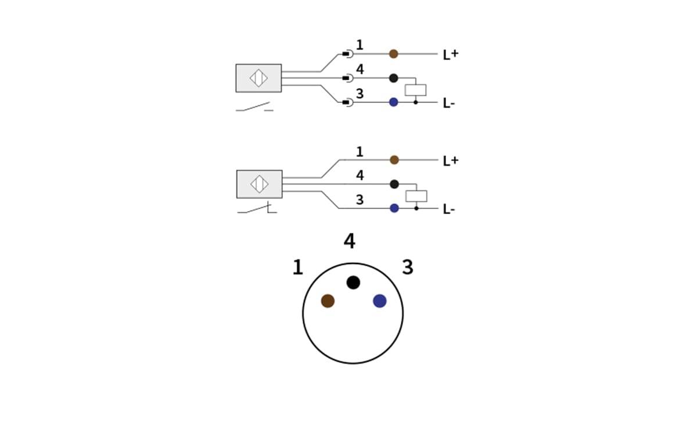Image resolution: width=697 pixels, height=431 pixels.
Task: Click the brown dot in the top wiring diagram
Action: click(x=393, y=54)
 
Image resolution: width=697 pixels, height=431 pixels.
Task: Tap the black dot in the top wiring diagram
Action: click(x=393, y=78)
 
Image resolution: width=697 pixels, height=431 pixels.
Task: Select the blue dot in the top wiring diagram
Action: click(x=393, y=102)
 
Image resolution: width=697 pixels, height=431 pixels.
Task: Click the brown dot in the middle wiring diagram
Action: click(x=394, y=160)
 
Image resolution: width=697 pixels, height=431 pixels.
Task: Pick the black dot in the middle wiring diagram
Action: click(x=394, y=184)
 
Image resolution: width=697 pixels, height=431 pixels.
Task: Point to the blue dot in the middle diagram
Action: click(x=394, y=208)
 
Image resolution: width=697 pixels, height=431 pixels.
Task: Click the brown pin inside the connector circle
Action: click(x=328, y=301)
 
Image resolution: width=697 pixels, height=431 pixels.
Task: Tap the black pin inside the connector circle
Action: click(x=353, y=283)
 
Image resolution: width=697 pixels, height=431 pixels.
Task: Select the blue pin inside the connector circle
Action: click(x=380, y=301)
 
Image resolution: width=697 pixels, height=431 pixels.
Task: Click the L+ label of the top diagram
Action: click(x=450, y=55)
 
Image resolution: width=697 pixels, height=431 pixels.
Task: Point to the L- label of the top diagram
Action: click(x=448, y=104)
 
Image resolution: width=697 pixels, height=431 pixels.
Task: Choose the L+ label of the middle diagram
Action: click(x=450, y=161)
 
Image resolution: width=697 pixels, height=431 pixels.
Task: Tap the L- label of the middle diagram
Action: click(x=448, y=209)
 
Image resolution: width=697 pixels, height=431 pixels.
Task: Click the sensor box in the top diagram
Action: click(x=258, y=78)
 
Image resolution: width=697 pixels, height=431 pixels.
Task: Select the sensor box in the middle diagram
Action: click(x=259, y=184)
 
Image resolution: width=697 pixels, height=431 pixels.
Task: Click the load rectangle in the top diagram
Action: click(x=415, y=90)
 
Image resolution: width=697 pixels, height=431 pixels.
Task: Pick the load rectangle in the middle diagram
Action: click(x=416, y=196)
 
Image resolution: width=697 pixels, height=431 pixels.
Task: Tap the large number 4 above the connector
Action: click(x=349, y=241)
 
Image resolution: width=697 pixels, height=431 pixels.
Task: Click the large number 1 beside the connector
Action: click(x=297, y=268)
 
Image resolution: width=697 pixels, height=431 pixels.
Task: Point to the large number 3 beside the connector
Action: click(x=408, y=268)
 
